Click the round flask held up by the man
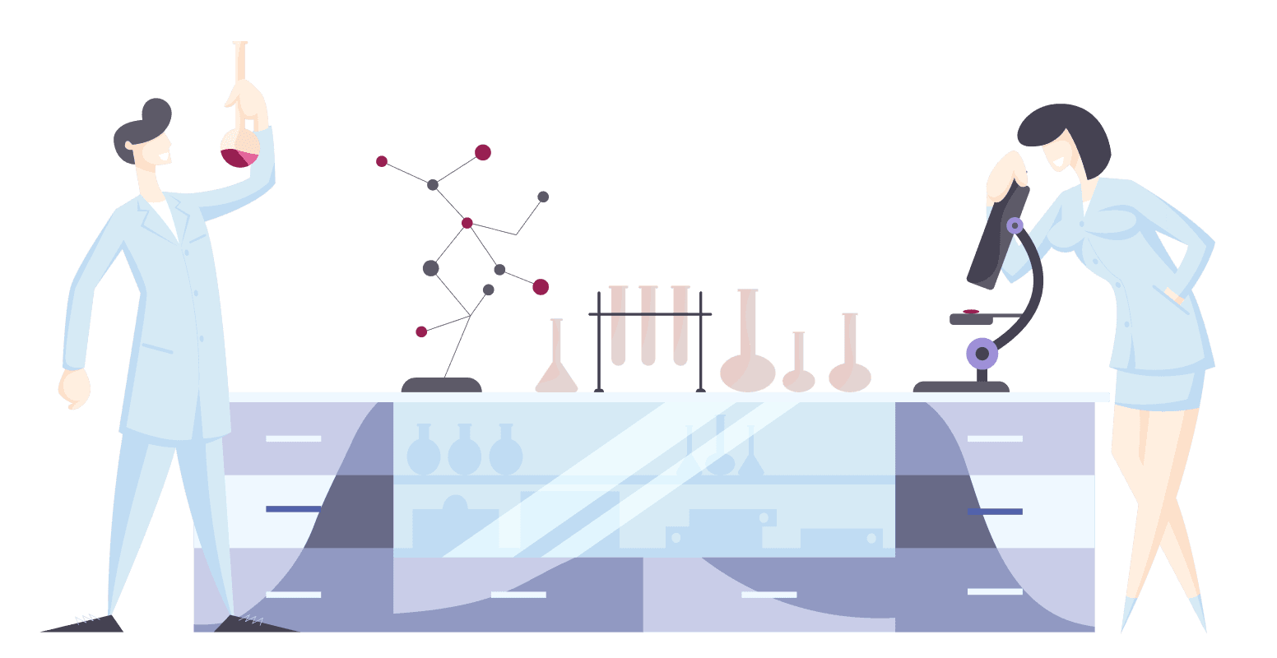click(x=239, y=147)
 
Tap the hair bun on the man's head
click(x=156, y=112)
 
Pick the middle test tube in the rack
click(x=648, y=325)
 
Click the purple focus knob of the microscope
click(x=982, y=354)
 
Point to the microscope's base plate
click(x=961, y=387)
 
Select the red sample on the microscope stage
click(x=971, y=312)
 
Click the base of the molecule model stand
click(x=441, y=385)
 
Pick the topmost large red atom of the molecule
click(x=483, y=152)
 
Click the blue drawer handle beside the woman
click(x=994, y=512)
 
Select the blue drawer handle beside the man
click(x=293, y=509)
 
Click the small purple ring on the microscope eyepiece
click(x=1015, y=225)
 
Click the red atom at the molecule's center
click(x=467, y=223)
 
